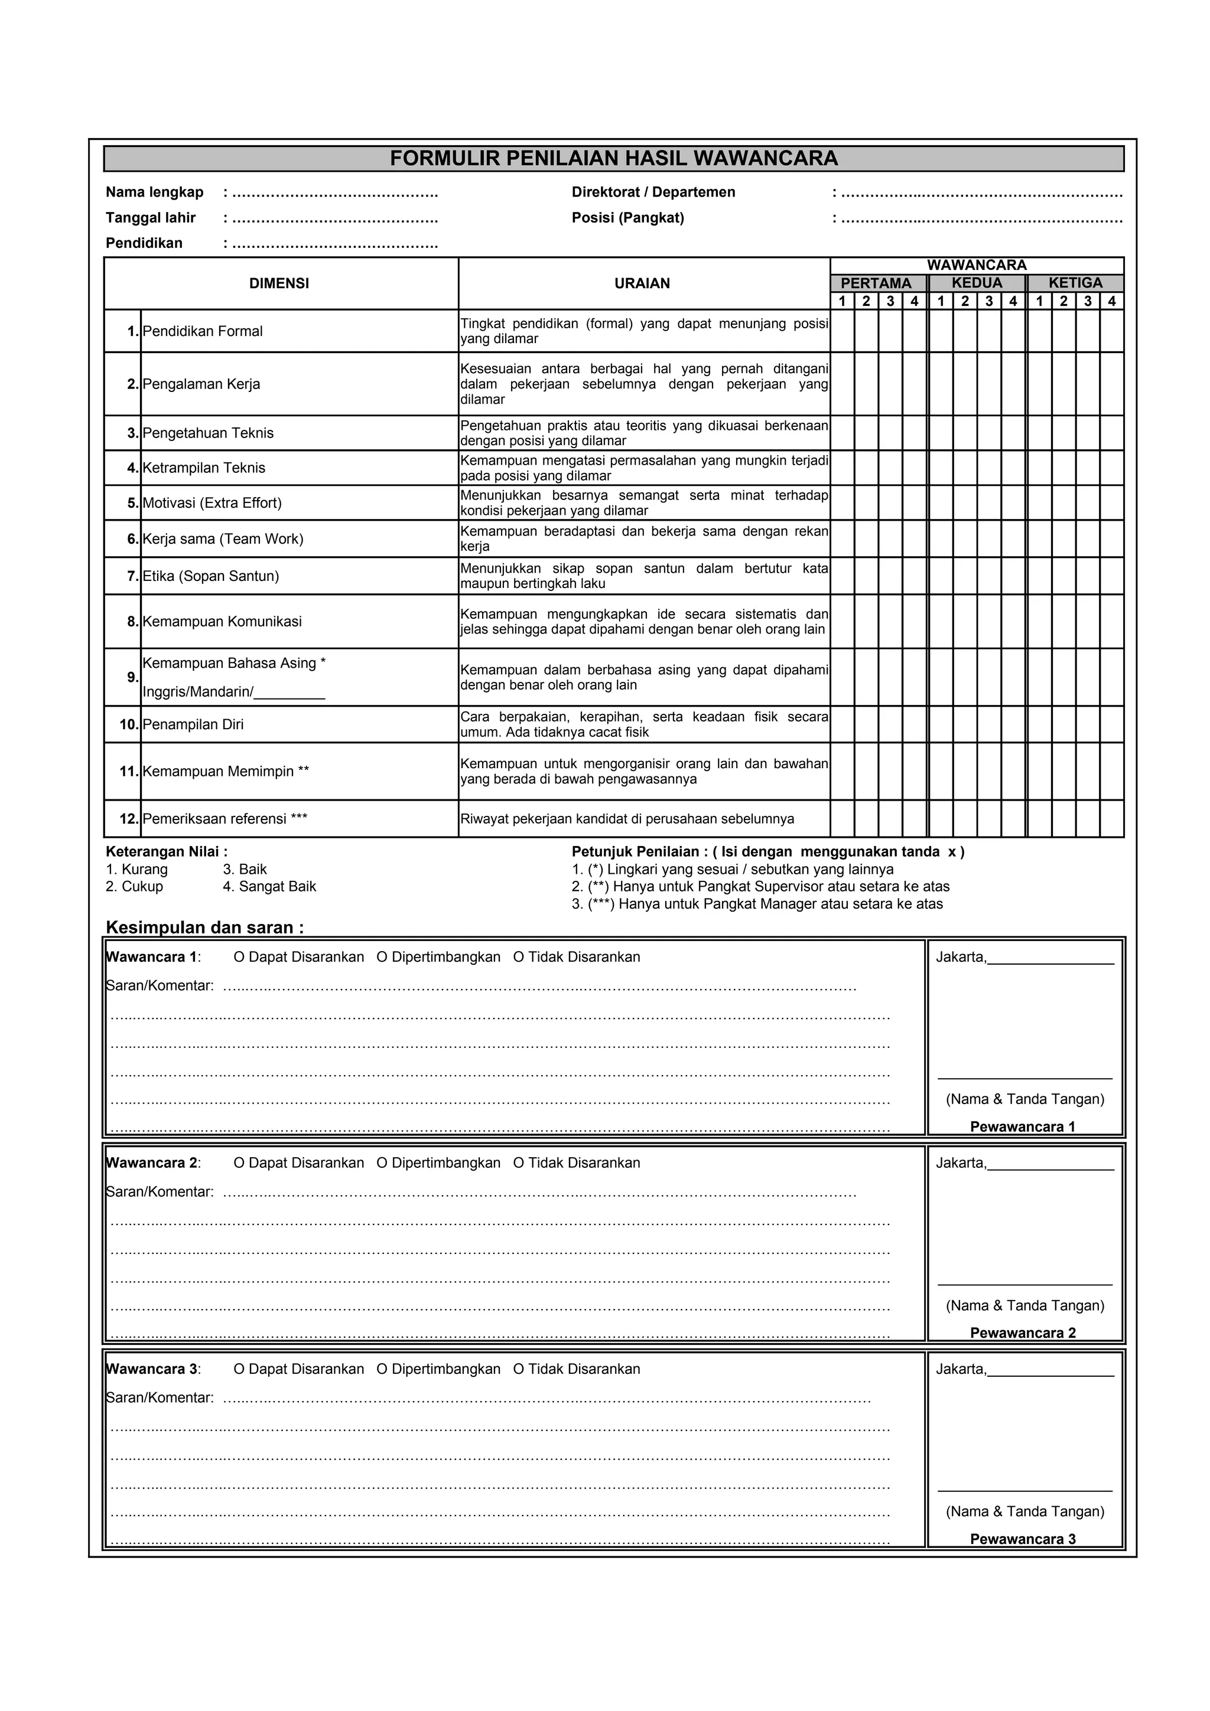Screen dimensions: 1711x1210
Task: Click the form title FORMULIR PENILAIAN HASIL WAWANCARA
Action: pyautogui.click(x=614, y=158)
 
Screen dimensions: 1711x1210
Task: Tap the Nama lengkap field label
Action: pyautogui.click(x=154, y=192)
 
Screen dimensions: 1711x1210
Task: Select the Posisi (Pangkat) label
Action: pyautogui.click(x=627, y=218)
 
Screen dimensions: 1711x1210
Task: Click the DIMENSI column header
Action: pyautogui.click(x=279, y=283)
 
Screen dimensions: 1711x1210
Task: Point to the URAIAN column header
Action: pyautogui.click(x=642, y=283)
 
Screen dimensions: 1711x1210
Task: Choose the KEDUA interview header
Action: pyautogui.click(x=977, y=283)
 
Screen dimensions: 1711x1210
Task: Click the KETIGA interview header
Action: pyautogui.click(x=1075, y=283)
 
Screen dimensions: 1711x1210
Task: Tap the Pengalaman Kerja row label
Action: pyautogui.click(x=201, y=384)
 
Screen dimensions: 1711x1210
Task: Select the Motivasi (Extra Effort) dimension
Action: pyautogui.click(x=212, y=503)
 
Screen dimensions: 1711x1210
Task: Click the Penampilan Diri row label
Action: pyautogui.click(x=193, y=724)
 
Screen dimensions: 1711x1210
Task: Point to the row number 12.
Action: pyautogui.click(x=129, y=819)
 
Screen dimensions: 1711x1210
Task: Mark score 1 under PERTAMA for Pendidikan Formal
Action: pyautogui.click(x=843, y=331)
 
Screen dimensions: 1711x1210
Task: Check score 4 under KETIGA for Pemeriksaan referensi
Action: pyautogui.click(x=1111, y=819)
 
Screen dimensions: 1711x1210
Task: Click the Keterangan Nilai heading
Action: pyautogui.click(x=166, y=852)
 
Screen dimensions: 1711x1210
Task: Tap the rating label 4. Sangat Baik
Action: pyautogui.click(x=269, y=887)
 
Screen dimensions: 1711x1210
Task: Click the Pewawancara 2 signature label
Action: pyautogui.click(x=1022, y=1333)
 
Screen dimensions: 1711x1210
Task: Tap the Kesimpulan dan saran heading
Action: pyautogui.click(x=204, y=928)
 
